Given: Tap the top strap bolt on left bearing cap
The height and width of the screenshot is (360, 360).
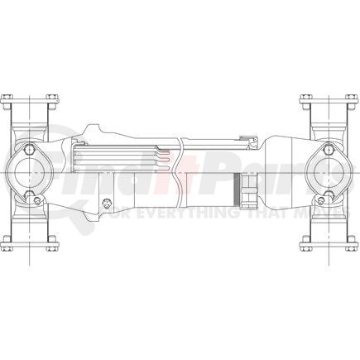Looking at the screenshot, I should point(31,151).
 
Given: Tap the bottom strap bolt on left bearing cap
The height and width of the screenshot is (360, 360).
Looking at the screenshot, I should point(31,197).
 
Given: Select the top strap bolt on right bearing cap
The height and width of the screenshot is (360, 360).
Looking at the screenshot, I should point(328,151).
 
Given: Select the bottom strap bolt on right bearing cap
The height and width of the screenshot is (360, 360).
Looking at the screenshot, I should point(328,197).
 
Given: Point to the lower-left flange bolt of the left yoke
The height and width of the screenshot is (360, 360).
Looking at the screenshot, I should point(8,242).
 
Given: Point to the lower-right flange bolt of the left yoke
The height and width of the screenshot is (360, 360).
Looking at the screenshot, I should point(54,242).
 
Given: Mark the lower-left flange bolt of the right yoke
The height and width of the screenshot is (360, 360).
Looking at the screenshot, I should point(305,242).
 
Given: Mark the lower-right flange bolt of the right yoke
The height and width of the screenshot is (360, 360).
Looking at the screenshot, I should point(351,242).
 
